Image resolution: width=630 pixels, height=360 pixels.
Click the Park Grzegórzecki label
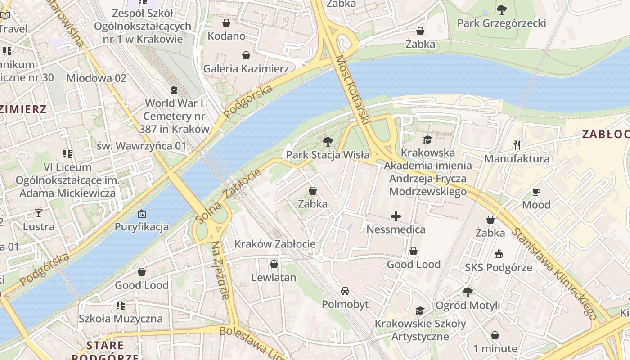click(x=501, y=23)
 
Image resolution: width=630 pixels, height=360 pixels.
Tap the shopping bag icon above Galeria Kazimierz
click(x=246, y=55)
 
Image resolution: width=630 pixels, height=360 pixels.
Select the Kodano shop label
click(x=226, y=36)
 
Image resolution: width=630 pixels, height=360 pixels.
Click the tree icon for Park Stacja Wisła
click(x=328, y=142)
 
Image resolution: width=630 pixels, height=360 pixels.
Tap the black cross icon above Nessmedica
click(x=396, y=217)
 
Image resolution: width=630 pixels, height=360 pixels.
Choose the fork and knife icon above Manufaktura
click(x=517, y=145)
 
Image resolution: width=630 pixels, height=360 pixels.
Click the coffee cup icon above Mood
click(x=536, y=192)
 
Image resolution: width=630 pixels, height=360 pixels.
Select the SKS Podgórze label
click(x=499, y=268)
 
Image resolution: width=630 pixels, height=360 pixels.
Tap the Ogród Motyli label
click(x=468, y=306)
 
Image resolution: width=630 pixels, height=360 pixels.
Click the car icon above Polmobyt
click(x=345, y=291)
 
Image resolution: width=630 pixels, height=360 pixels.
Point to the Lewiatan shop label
click(x=274, y=278)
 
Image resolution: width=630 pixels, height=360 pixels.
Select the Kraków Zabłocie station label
click(x=275, y=244)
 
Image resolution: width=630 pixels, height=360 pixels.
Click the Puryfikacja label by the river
click(x=142, y=227)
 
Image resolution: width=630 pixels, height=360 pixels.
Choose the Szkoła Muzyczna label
click(x=121, y=319)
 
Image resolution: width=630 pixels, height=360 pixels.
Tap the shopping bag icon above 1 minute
click(x=495, y=336)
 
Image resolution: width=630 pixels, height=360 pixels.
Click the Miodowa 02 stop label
click(x=96, y=78)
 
